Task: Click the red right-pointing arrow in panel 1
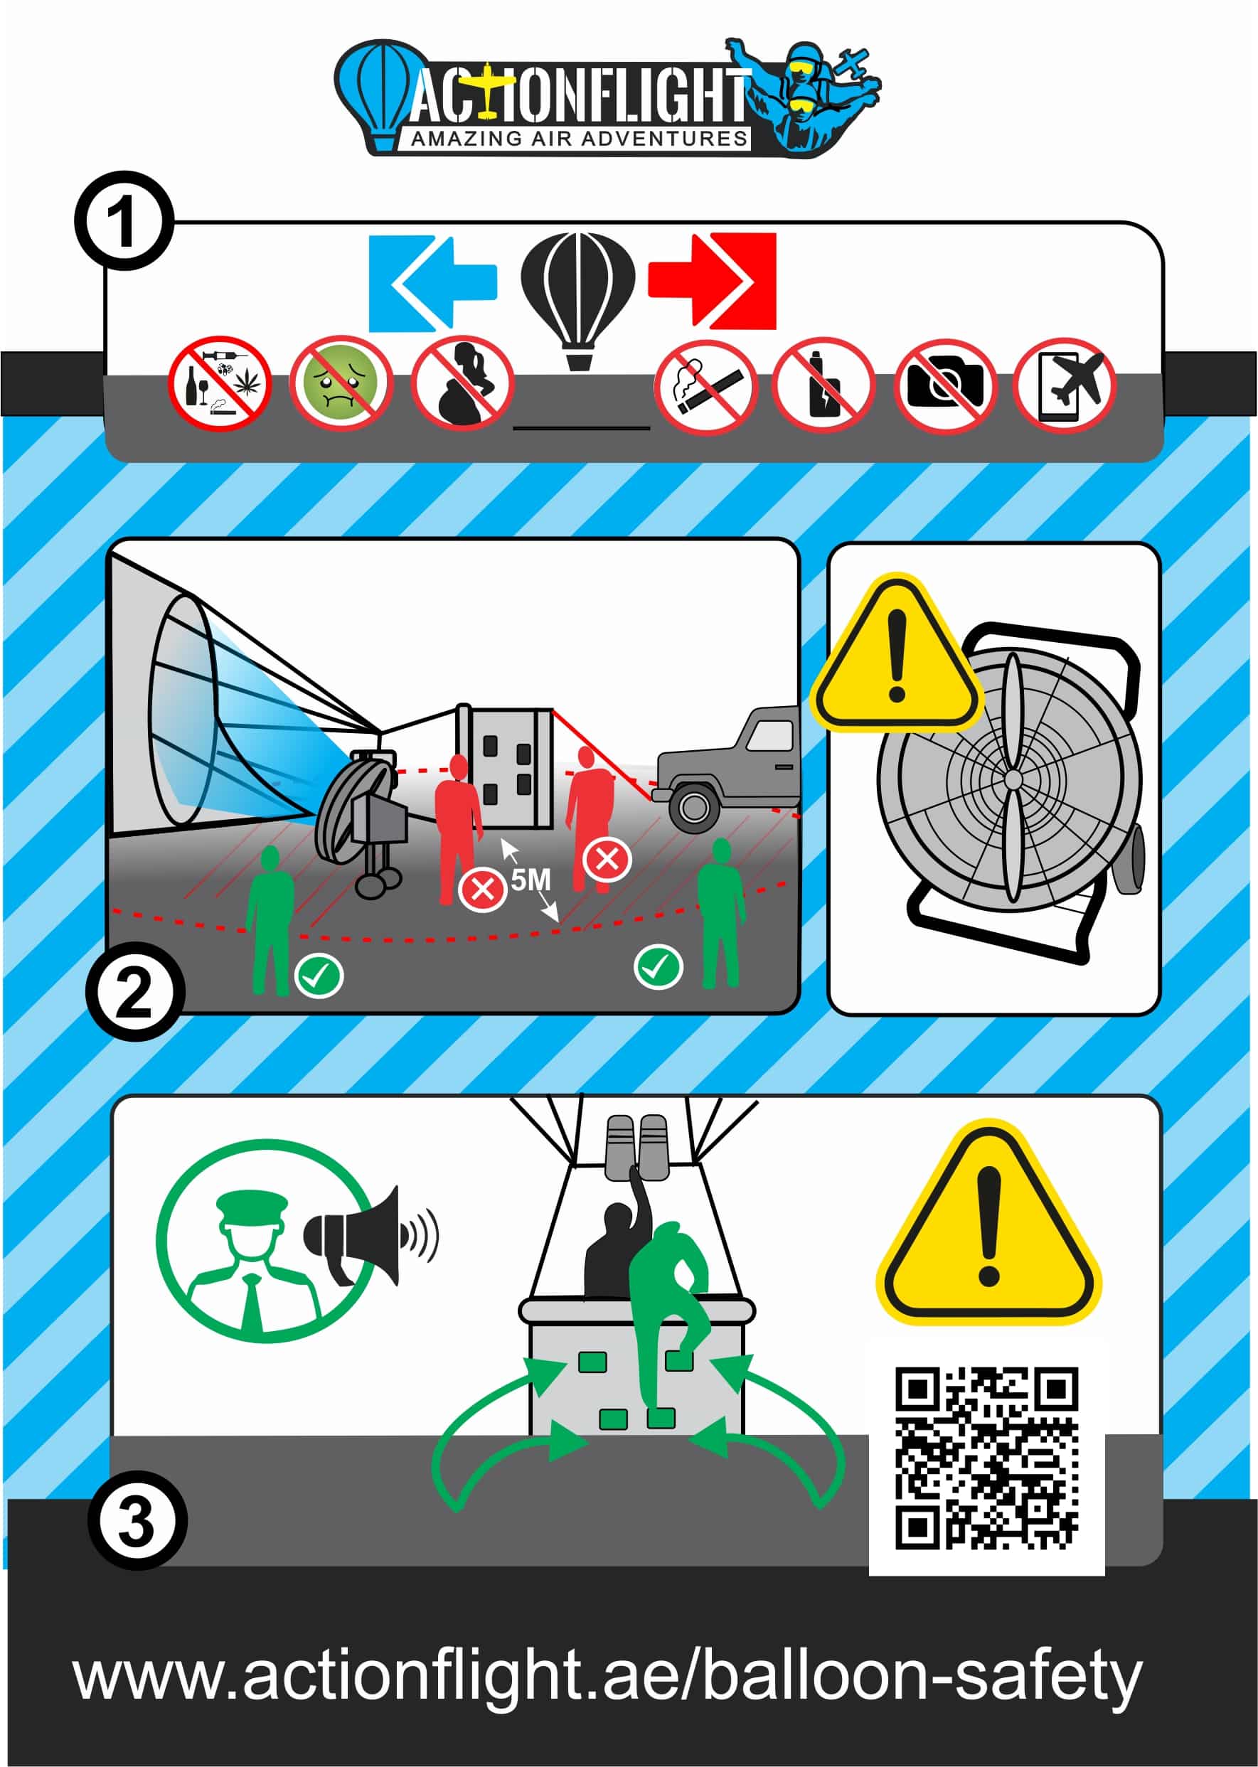[x=712, y=280]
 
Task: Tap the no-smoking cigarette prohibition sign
[x=705, y=386]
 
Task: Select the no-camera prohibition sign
[x=944, y=385]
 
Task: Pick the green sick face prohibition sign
[x=341, y=383]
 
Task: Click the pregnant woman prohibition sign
[x=462, y=382]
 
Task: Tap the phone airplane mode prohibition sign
[x=1065, y=385]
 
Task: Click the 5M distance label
[x=531, y=880]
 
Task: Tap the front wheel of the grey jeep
[x=693, y=808]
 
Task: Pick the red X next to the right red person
[x=607, y=859]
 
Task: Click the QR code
[x=986, y=1459]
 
